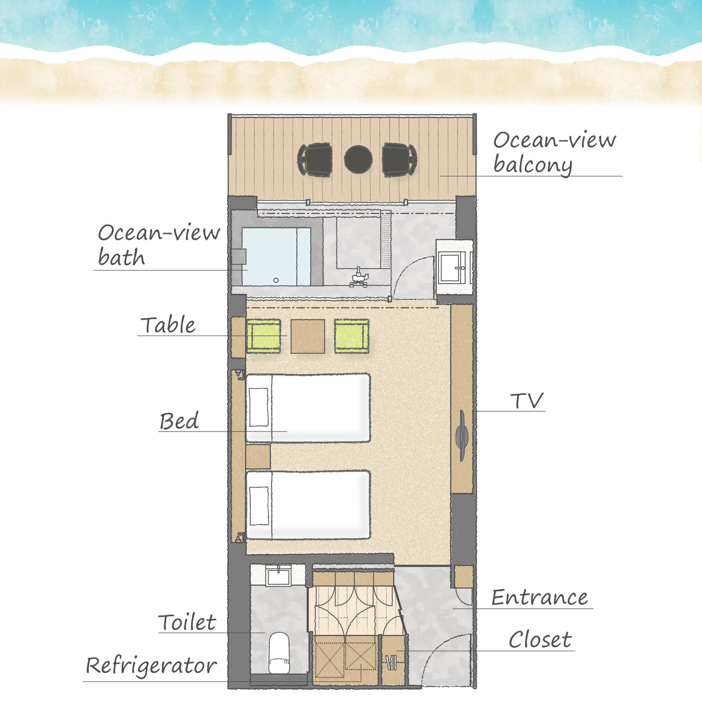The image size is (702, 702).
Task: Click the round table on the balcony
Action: click(x=358, y=159)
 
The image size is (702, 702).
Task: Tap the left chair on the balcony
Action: click(x=315, y=160)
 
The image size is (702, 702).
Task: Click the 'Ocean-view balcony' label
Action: click(x=555, y=153)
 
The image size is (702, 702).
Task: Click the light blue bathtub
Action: click(x=277, y=256)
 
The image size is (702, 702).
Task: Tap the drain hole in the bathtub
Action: click(x=276, y=280)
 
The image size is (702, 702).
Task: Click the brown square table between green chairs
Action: click(x=307, y=336)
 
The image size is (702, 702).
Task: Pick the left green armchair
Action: click(x=263, y=336)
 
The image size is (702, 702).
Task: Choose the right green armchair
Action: click(x=352, y=336)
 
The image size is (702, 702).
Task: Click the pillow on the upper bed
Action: click(x=259, y=408)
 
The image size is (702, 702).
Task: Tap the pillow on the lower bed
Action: click(x=259, y=506)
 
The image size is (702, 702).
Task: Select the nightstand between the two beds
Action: click(x=258, y=456)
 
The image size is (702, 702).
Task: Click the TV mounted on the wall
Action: click(x=462, y=436)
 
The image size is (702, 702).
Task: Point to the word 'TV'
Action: click(x=527, y=401)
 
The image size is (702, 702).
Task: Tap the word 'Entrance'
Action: click(x=540, y=598)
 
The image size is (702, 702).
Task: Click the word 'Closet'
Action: click(x=540, y=639)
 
